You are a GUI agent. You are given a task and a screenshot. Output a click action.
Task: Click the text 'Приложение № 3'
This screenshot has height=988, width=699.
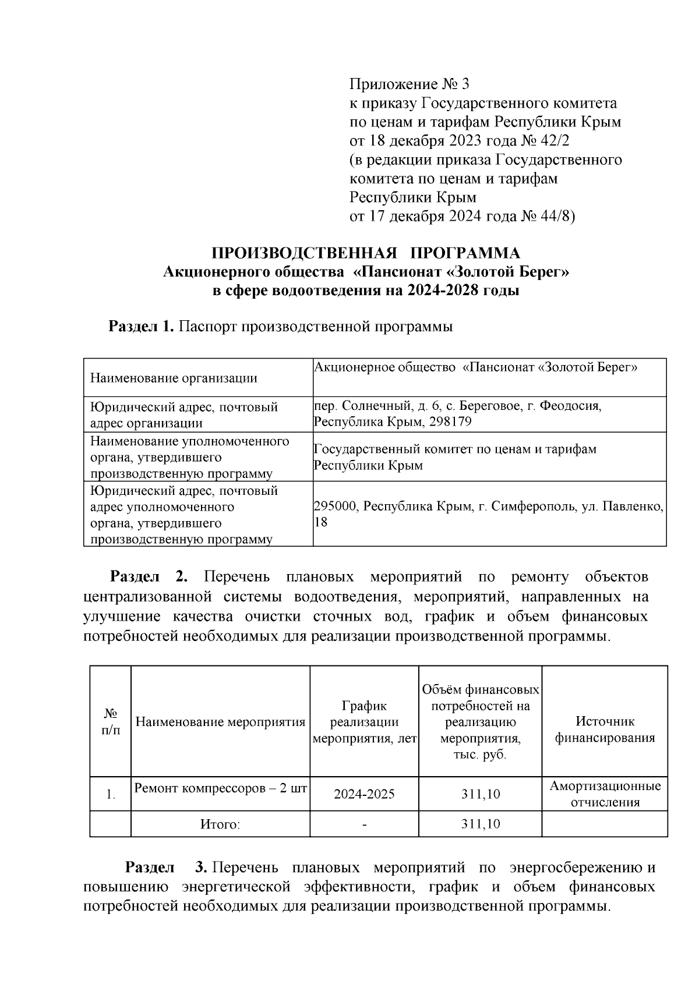point(409,85)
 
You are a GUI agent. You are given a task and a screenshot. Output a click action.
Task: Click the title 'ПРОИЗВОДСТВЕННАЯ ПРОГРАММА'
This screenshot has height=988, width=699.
point(366,253)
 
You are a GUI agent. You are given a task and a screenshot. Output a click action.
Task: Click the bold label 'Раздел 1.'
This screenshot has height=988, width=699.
point(142,327)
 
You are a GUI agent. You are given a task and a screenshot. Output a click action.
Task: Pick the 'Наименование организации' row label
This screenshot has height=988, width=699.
point(174,378)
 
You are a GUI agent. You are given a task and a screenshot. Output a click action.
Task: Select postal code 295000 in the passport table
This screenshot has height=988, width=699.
point(335,507)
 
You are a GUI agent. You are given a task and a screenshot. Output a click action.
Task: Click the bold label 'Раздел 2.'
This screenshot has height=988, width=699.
point(149,577)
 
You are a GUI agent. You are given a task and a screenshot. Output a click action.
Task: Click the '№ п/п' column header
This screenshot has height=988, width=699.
point(111,722)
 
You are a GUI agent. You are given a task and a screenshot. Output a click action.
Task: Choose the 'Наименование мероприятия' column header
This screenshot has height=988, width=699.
point(220,723)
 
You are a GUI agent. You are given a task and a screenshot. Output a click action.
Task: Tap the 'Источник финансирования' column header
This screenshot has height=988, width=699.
point(605,730)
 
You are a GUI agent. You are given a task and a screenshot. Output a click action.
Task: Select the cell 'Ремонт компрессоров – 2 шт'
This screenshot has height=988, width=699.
point(220,788)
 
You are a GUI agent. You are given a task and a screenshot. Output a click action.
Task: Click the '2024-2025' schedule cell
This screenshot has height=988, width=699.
point(364,794)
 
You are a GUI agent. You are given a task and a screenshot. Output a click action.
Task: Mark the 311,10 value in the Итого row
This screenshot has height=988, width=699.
point(480,824)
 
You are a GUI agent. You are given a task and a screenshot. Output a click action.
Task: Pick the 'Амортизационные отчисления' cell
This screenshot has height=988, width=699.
point(605,794)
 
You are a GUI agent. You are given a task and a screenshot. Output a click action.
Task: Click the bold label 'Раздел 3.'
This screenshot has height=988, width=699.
point(166,868)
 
